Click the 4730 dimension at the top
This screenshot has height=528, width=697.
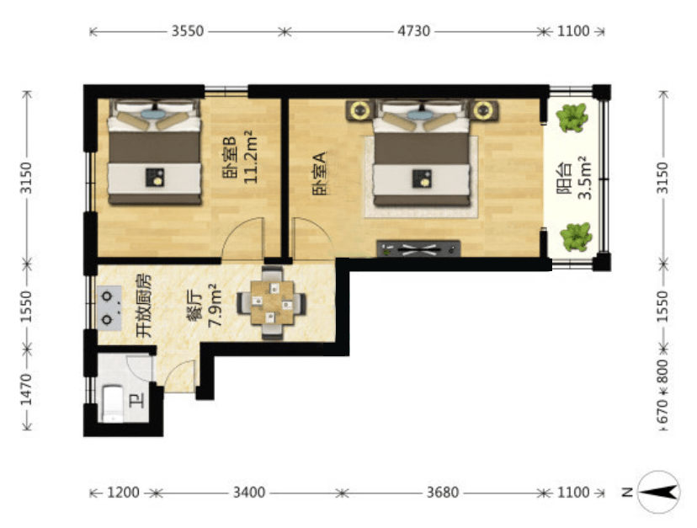[x=413, y=31]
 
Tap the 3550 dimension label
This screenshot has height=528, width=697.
[x=188, y=31]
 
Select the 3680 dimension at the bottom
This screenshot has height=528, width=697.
[x=443, y=493]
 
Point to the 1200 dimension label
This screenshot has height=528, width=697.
[x=124, y=493]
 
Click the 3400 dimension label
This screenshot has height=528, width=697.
[x=249, y=493]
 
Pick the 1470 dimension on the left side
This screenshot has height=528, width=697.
[x=27, y=390]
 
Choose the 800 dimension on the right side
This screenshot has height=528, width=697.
[x=662, y=371]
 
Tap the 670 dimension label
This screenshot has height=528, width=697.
[x=662, y=412]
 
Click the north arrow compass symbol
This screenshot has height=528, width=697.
[x=659, y=492]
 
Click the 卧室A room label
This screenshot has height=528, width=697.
[x=320, y=173]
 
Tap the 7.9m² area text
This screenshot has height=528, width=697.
[x=215, y=305]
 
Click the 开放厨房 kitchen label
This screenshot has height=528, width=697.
[x=144, y=305]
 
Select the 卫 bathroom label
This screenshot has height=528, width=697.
[x=137, y=402]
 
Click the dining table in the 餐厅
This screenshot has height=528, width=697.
[x=272, y=303]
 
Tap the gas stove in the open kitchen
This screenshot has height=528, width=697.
[x=109, y=308]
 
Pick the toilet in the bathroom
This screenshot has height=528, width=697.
[x=114, y=403]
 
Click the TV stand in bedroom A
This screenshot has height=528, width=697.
[x=418, y=248]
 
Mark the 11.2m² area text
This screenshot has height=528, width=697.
[x=251, y=157]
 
